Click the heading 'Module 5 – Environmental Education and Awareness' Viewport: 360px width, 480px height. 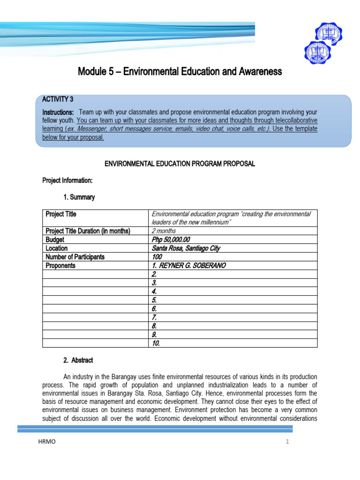180,72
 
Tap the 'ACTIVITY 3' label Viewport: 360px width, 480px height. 58,99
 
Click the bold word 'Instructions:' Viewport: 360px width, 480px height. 58,112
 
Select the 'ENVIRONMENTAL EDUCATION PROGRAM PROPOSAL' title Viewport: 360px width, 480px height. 180,164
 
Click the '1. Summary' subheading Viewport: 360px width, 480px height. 79,197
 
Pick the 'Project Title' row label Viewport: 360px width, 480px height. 61,214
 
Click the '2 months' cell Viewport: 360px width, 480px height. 164,231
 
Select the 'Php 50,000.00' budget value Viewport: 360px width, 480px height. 171,240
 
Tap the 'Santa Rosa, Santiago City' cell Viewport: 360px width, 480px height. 186,248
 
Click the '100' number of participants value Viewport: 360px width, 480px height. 157,257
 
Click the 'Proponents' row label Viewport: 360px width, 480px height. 60,266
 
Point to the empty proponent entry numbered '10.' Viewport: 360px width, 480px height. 156,343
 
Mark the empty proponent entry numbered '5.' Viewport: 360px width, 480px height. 154,300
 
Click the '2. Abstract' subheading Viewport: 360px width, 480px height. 78,360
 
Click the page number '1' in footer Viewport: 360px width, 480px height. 285,442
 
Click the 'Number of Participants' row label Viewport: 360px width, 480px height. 75,257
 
